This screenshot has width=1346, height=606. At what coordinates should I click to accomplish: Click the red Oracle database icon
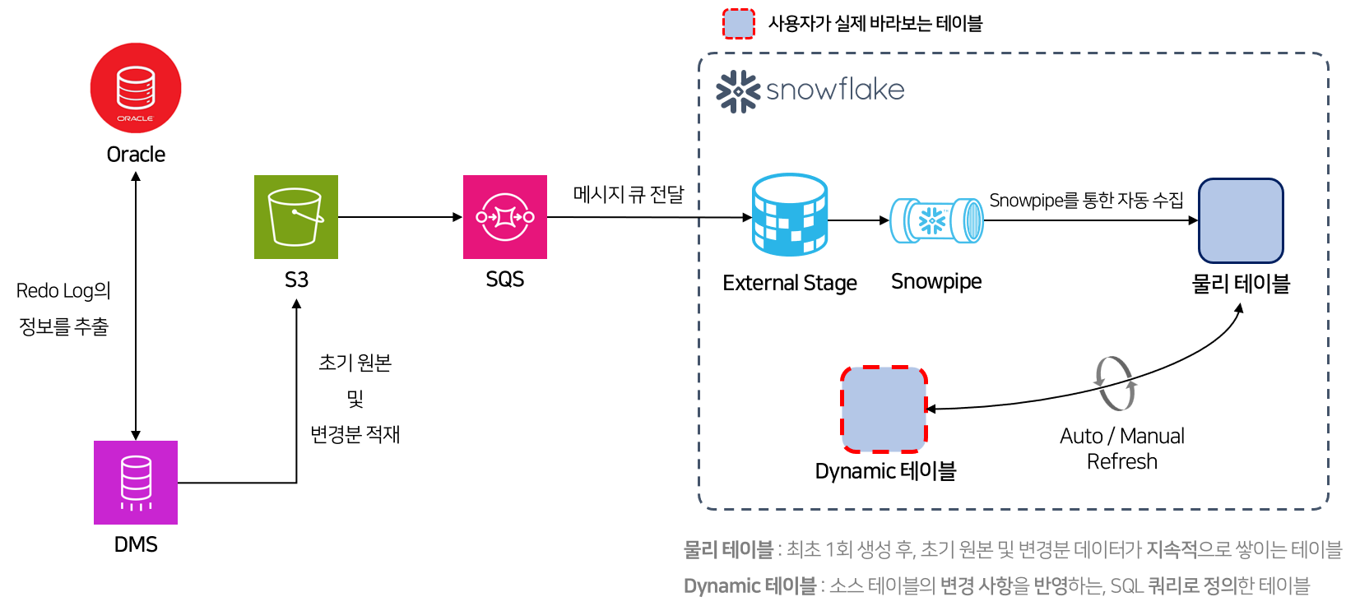pyautogui.click(x=136, y=88)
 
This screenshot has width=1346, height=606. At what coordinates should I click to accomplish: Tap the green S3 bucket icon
pyautogui.click(x=296, y=217)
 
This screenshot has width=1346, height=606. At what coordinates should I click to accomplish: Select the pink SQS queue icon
pyautogui.click(x=505, y=217)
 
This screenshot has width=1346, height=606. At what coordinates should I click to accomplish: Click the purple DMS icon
pyautogui.click(x=136, y=483)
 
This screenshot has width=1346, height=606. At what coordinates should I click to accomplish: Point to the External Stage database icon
pyautogui.click(x=790, y=215)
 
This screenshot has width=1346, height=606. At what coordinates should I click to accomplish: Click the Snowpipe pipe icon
pyautogui.click(x=936, y=220)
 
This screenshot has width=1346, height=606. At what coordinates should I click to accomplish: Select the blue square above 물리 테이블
pyautogui.click(x=1241, y=220)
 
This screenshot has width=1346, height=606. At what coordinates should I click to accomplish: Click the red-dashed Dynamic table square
pyautogui.click(x=884, y=409)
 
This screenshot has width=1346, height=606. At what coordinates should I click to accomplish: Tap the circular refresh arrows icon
pyautogui.click(x=1115, y=383)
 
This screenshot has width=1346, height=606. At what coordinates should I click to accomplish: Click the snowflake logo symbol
pyautogui.click(x=737, y=90)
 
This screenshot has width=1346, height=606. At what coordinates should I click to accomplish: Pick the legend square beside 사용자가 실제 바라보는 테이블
pyautogui.click(x=739, y=24)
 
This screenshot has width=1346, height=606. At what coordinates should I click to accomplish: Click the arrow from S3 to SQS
pyautogui.click(x=400, y=217)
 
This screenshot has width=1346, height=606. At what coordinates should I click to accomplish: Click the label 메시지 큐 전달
pyautogui.click(x=629, y=194)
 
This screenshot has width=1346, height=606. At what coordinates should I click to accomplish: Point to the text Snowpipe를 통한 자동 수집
pyautogui.click(x=1086, y=200)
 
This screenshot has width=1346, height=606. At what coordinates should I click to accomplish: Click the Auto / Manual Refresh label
pyautogui.click(x=1122, y=448)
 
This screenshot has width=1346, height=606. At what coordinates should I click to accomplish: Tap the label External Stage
pyautogui.click(x=790, y=283)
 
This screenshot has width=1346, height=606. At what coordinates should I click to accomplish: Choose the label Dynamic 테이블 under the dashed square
pyautogui.click(x=885, y=471)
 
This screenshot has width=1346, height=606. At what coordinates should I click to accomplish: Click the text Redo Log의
pyautogui.click(x=63, y=290)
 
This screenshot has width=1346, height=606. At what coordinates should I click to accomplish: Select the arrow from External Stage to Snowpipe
pyautogui.click(x=858, y=220)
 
